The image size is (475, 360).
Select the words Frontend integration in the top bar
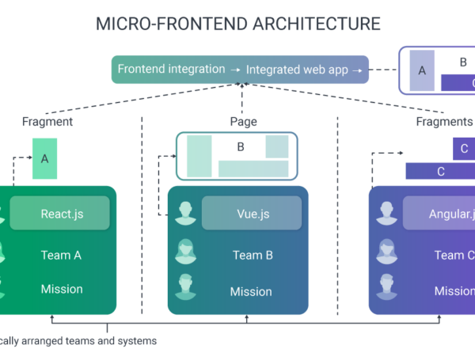(x=171, y=70)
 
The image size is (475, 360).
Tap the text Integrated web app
(x=297, y=70)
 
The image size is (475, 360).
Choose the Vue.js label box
(x=251, y=214)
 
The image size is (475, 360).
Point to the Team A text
(x=61, y=255)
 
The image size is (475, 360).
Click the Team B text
(x=253, y=255)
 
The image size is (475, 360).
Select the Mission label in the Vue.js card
(x=251, y=292)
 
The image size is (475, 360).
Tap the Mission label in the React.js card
(x=61, y=289)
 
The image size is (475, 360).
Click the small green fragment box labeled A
(x=45, y=158)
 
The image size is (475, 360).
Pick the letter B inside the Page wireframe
(x=241, y=147)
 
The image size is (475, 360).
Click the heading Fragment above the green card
(x=47, y=122)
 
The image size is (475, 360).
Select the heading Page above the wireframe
(x=243, y=122)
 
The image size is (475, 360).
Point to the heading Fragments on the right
(x=444, y=122)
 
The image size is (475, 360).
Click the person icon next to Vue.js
(x=186, y=212)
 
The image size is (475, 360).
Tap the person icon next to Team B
(x=186, y=252)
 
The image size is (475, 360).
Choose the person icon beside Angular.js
(x=387, y=212)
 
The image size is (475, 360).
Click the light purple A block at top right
(x=422, y=70)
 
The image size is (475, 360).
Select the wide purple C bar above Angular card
(x=439, y=171)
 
